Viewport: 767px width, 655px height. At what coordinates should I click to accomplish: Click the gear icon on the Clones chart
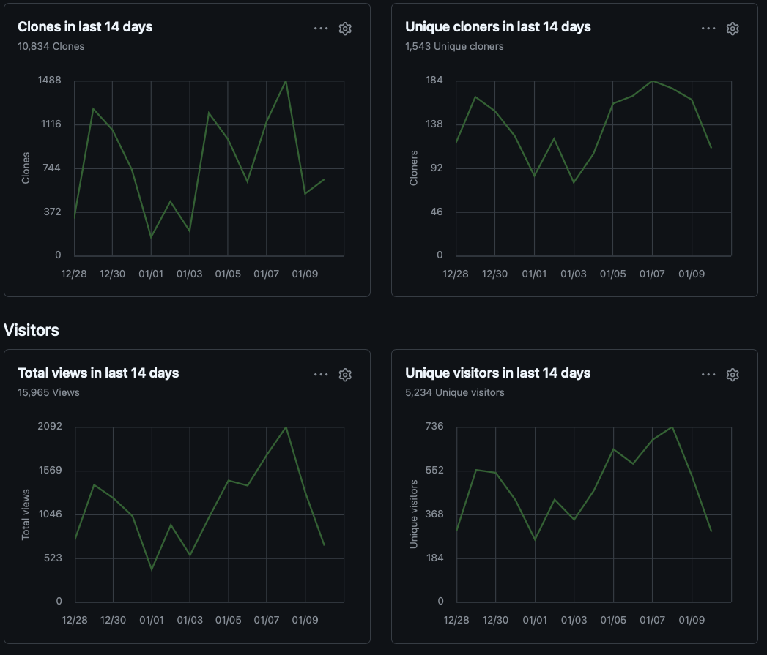point(345,29)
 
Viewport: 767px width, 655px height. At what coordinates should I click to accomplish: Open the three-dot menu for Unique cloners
point(708,29)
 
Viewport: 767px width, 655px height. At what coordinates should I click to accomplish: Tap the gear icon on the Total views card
point(345,375)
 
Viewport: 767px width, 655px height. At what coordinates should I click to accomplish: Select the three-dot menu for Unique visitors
point(708,375)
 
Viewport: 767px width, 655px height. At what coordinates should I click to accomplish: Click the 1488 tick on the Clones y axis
point(50,80)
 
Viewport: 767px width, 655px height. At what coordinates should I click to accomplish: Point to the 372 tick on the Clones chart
point(52,212)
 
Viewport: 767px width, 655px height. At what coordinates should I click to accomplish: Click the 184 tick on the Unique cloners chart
point(434,80)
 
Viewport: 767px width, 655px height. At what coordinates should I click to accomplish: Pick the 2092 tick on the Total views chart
point(50,426)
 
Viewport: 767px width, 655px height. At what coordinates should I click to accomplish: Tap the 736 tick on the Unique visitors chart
point(434,426)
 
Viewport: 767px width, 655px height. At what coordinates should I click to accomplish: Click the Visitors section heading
point(32,330)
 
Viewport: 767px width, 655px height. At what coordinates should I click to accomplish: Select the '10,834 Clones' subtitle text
point(51,46)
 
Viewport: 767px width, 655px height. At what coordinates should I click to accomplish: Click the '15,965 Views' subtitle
point(49,392)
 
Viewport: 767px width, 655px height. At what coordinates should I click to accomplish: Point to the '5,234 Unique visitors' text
point(455,392)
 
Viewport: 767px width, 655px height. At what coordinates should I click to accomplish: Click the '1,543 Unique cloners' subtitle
point(454,46)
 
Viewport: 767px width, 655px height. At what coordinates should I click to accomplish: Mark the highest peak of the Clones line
point(286,81)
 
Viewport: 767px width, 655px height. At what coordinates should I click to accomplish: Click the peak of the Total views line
point(286,427)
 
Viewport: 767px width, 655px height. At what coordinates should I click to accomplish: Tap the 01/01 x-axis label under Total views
point(151,620)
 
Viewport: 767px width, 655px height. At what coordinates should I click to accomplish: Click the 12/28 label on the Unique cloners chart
point(456,274)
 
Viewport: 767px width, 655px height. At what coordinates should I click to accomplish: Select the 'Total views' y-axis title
point(26,514)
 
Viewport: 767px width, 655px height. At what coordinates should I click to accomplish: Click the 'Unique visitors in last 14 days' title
point(497,373)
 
